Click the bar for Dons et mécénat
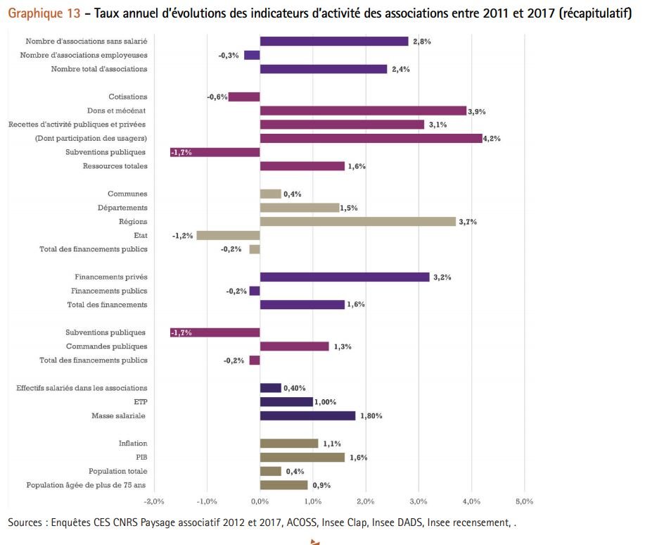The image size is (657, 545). coord(363,111)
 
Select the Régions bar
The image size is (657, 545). coord(357,221)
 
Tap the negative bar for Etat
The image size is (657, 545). coord(228,235)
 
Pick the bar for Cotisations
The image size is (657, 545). coord(244,97)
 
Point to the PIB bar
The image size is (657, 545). coord(302,457)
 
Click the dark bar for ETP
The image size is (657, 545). coord(286,401)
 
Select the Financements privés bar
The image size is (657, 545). coord(344,277)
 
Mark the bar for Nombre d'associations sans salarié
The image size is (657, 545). coord(333,42)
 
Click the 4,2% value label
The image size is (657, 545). coord(492,139)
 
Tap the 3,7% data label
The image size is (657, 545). coord(468,222)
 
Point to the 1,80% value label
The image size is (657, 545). coord(371,416)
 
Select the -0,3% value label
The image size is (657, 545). coord(228,56)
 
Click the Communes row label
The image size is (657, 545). coord(127,194)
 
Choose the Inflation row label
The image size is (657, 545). coord(133,444)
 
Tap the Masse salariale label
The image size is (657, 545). coord(118,415)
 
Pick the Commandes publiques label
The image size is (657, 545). coord(106,346)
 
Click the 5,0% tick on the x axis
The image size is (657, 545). coord(524,501)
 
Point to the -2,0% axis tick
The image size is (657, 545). coord(153,501)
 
